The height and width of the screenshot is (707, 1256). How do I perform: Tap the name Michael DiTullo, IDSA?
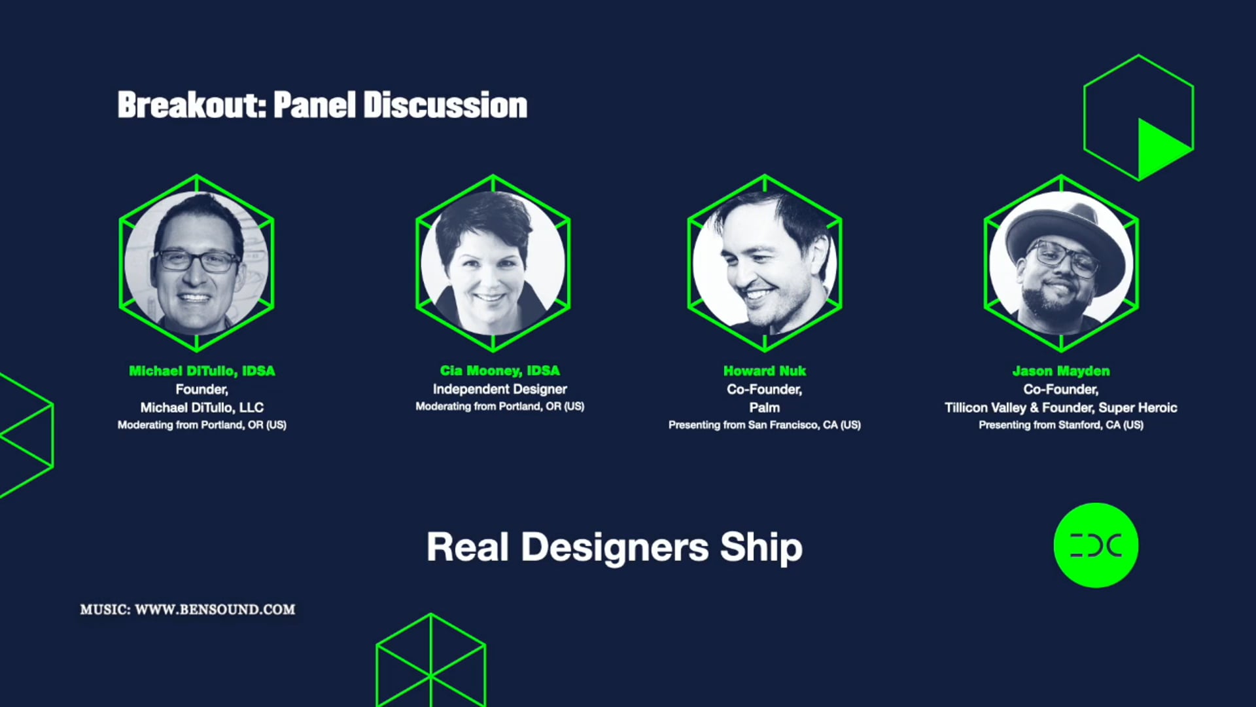201,371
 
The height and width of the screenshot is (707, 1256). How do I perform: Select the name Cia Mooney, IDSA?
500,371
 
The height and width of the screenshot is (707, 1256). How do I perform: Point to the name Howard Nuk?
764,371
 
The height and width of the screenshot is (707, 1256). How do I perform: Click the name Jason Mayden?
1060,371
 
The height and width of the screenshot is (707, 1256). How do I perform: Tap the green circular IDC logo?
1096,545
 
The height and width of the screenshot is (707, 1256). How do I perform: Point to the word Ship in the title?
761,547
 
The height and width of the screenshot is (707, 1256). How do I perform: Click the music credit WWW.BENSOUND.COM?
215,609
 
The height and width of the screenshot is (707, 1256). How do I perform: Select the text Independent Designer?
500,390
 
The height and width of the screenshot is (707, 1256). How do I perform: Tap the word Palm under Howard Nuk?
764,408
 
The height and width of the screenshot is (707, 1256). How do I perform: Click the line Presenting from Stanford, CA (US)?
1060,426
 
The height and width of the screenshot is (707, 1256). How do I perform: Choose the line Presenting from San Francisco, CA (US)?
764,426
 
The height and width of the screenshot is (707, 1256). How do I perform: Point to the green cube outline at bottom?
430,661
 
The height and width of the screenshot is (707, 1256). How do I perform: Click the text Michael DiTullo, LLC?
201,408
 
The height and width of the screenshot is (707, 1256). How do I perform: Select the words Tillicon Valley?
985,408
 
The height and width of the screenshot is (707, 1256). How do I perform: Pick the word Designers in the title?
614,547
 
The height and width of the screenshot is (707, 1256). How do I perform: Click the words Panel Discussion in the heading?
400,105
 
